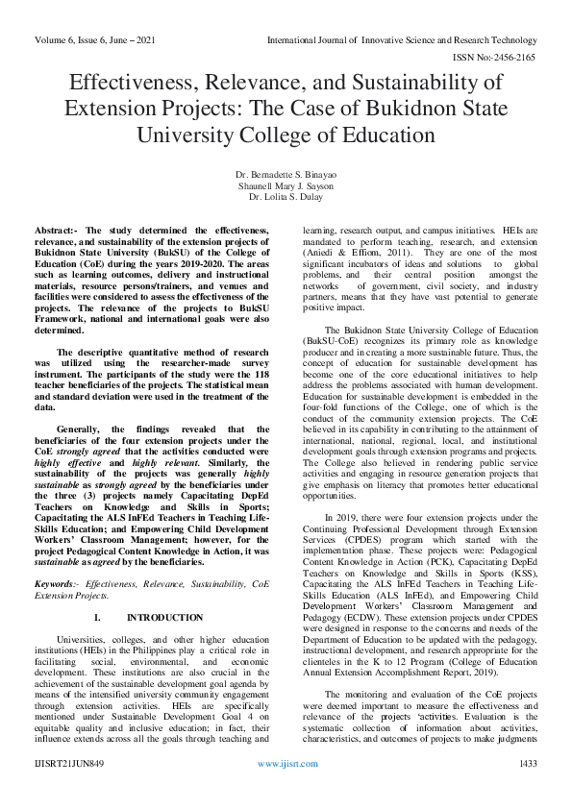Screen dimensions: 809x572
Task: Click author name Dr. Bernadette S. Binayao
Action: (x=286, y=175)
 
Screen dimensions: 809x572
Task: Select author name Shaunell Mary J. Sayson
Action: (x=286, y=185)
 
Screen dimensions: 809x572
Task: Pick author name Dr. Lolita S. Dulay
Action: (x=286, y=196)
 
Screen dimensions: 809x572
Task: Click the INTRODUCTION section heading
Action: (x=165, y=617)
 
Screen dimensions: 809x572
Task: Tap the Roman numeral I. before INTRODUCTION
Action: (x=98, y=617)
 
